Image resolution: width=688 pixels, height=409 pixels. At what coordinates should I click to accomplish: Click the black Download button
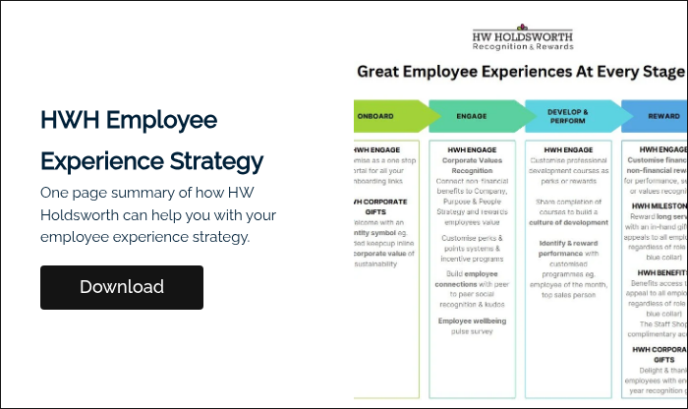coord(122,287)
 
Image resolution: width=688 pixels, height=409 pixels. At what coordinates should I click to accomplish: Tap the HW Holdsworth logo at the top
coord(522,34)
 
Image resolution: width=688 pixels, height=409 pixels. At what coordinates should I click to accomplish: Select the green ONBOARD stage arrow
coord(388,116)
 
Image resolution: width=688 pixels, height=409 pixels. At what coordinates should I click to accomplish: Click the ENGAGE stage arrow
coord(472,116)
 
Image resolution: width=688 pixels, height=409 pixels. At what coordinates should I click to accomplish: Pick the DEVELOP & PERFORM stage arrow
coord(567,116)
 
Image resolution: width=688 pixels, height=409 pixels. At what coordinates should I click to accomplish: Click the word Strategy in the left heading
coord(218,160)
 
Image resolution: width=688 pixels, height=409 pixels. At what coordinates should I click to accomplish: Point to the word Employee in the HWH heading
coord(160,120)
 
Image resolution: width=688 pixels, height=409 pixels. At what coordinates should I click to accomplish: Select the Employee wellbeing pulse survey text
coord(472,325)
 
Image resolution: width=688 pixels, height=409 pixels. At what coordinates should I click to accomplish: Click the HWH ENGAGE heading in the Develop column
coord(567,149)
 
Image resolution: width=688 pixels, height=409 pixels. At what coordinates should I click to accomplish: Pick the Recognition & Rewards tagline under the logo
coord(522,46)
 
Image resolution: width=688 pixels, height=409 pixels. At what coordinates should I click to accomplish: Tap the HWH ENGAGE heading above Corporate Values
coord(472,149)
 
